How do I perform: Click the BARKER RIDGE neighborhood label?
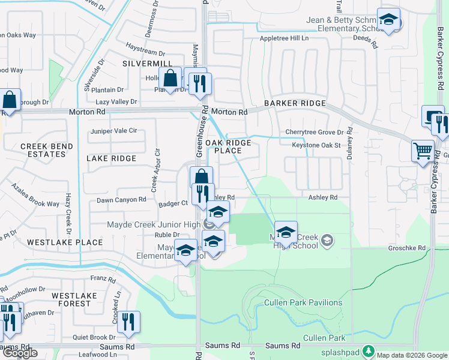click(294, 103)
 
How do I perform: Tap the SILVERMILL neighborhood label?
click(147, 64)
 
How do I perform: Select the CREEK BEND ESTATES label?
click(43, 150)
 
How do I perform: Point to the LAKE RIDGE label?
click(112, 158)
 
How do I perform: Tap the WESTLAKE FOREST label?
click(74, 300)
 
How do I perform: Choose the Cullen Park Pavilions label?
click(303, 303)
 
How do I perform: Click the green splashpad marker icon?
click(370, 350)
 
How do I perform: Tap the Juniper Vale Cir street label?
click(113, 131)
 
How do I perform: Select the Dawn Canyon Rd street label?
click(121, 200)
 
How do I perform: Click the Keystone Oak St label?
click(316, 145)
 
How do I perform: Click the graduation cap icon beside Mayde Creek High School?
click(286, 232)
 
